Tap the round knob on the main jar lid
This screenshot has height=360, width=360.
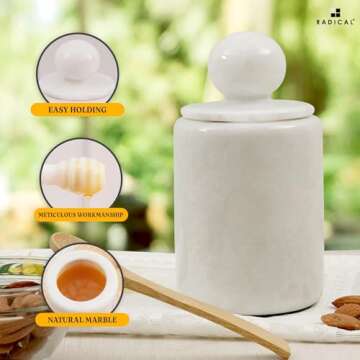click(x=246, y=66)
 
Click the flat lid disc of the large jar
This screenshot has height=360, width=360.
click(x=246, y=108)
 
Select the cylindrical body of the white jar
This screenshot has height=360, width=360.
click(x=248, y=210)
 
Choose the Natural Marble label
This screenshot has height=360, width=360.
click(x=82, y=320)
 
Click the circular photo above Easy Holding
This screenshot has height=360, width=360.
click(x=77, y=66)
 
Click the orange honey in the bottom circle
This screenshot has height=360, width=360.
click(x=81, y=283)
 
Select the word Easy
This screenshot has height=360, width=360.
click(x=60, y=109)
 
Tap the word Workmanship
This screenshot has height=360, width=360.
click(x=103, y=214)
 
